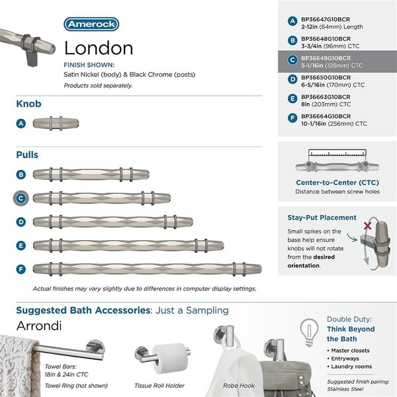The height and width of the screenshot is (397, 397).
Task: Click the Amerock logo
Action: coord(91,24)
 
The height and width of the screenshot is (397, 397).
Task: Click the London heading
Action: coord(99,48)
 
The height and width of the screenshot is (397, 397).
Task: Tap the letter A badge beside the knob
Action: coord(22,123)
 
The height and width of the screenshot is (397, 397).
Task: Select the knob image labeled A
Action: coord(56,123)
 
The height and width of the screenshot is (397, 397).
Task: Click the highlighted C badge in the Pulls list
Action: coord(22,197)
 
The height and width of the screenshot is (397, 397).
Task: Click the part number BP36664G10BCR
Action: coord(325,116)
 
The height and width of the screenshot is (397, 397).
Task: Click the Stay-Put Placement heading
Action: coord(322,217)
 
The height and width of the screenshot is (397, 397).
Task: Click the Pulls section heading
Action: coord(27,155)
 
